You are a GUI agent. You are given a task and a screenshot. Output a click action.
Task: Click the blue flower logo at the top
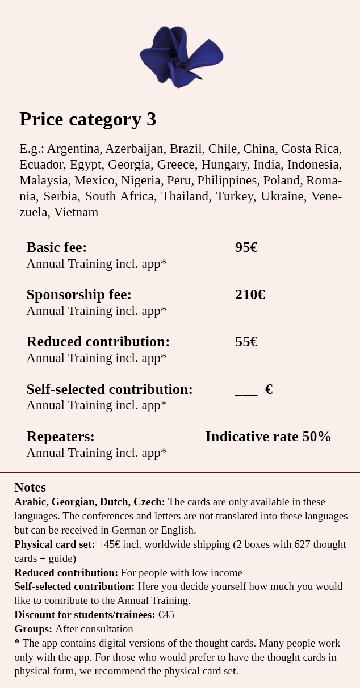[181, 57]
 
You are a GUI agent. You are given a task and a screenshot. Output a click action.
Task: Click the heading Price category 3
[87, 119]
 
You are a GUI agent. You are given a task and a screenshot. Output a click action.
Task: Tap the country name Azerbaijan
[134, 149]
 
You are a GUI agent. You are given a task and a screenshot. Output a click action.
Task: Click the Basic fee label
[57, 247]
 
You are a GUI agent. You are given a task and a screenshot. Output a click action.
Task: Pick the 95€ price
[246, 247]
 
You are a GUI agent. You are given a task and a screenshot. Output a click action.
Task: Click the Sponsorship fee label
[79, 295]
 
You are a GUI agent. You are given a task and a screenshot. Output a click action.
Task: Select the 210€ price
[250, 295]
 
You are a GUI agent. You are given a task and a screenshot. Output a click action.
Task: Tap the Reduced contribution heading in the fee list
[98, 342]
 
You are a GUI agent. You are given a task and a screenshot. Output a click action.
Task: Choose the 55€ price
[246, 342]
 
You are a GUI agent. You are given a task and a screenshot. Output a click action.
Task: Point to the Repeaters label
[61, 437]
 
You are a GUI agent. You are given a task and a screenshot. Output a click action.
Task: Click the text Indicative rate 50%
[268, 437]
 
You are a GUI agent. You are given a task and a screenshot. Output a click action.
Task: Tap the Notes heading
[30, 488]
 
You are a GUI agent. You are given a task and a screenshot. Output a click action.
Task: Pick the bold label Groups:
[34, 629]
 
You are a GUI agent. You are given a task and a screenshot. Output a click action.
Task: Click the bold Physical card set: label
[55, 544]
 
